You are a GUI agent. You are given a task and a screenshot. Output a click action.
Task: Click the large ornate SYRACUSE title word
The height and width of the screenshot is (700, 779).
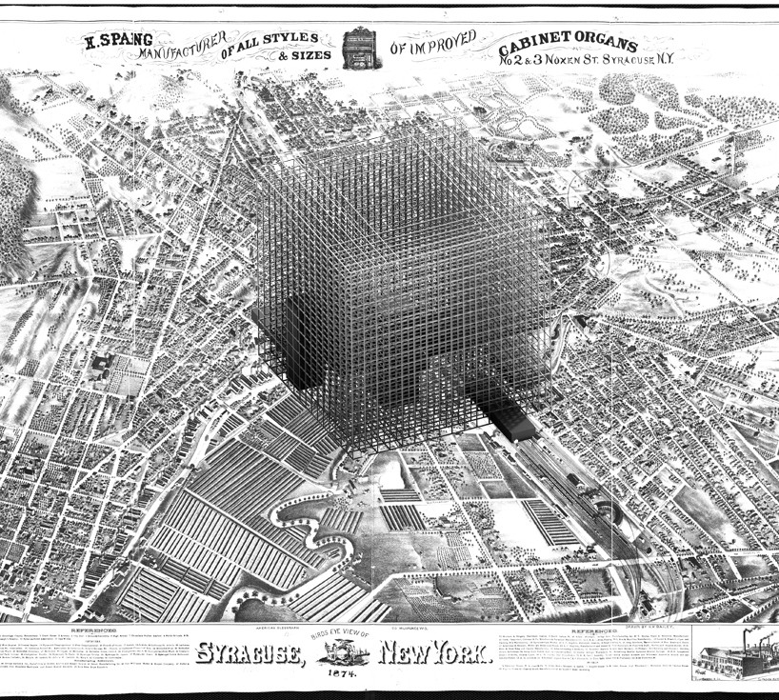click(251, 653)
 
